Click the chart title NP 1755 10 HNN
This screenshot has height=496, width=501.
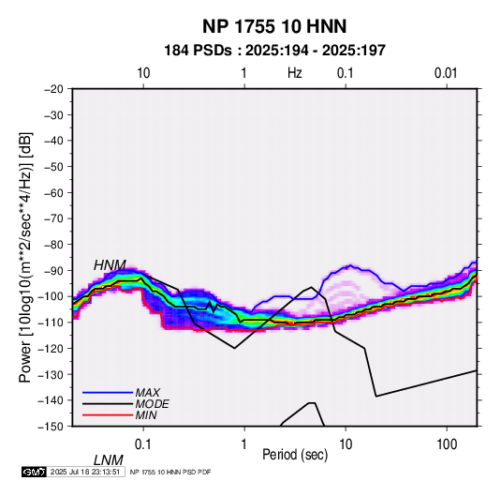pos(274,26)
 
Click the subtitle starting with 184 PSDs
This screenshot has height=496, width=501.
pos(274,51)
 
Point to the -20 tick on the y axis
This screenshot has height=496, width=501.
pos(53,89)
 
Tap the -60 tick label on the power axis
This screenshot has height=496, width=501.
pos(53,192)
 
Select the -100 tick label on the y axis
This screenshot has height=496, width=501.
pos(52,296)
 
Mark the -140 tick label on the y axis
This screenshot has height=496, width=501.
pos(52,400)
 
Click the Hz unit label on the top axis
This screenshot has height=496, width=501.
pos(295,73)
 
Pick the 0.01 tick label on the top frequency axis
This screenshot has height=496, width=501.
pos(446,73)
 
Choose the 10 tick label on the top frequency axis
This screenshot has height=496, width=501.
pos(143,73)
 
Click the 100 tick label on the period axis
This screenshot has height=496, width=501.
pos(447,444)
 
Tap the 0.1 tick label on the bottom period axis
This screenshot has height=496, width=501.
pos(142,444)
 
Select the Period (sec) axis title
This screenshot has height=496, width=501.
pos(295,455)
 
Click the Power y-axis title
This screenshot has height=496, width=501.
pos(25,258)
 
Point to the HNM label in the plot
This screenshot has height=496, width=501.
pos(110,265)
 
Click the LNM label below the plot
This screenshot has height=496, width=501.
pos(109,460)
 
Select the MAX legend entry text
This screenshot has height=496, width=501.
pos(147,393)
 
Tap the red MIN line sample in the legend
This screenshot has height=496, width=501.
pos(108,415)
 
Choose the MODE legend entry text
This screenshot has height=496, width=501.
pos(152,404)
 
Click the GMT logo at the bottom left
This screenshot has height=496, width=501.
pos(35,472)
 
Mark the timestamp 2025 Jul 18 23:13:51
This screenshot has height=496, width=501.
pos(85,472)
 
